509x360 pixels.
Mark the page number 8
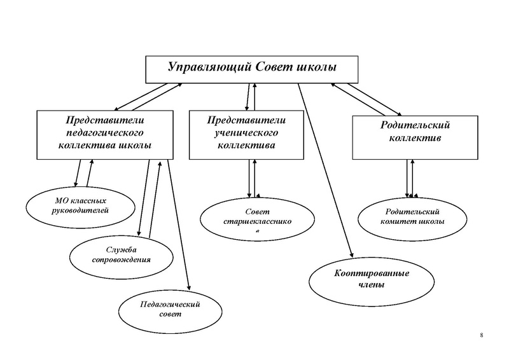[481, 335]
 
